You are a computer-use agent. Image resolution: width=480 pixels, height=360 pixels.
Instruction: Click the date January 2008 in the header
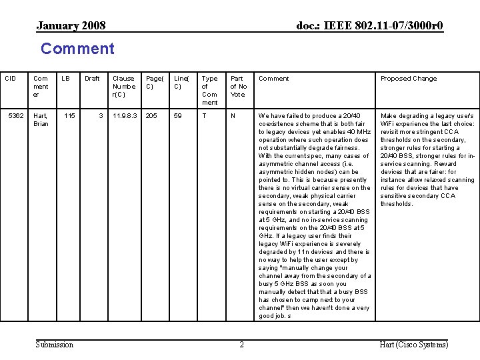[71, 26]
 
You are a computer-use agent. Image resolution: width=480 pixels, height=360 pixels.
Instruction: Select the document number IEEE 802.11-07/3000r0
[369, 26]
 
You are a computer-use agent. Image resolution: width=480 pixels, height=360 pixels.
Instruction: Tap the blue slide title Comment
[77, 49]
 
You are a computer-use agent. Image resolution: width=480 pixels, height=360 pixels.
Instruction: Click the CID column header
[10, 79]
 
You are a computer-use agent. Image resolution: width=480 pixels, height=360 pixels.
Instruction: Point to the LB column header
[66, 79]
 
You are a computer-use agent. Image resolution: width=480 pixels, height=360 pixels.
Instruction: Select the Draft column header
[92, 79]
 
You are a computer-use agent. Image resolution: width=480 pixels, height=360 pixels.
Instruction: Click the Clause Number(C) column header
[124, 86]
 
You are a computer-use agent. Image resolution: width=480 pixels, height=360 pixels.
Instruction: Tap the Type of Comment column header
[209, 90]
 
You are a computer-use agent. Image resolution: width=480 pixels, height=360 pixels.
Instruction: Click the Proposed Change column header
[409, 79]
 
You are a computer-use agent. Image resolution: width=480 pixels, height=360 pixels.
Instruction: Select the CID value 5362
[16, 116]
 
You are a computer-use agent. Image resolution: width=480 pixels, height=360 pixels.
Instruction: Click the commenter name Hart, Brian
[41, 120]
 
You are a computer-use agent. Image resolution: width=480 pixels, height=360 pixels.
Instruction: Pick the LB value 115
[69, 116]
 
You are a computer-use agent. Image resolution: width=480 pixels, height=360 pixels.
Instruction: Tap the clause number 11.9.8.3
[125, 116]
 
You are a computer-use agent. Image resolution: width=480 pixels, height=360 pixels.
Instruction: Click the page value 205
[151, 116]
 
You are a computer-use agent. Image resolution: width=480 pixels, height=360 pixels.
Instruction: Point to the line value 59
[177, 116]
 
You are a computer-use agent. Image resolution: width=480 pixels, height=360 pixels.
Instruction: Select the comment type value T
[204, 116]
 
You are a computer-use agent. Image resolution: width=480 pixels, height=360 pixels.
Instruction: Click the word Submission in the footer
[55, 345]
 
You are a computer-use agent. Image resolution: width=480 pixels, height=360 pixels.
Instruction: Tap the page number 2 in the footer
[241, 345]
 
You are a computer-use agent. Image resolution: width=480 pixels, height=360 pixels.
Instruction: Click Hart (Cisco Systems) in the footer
[413, 345]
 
